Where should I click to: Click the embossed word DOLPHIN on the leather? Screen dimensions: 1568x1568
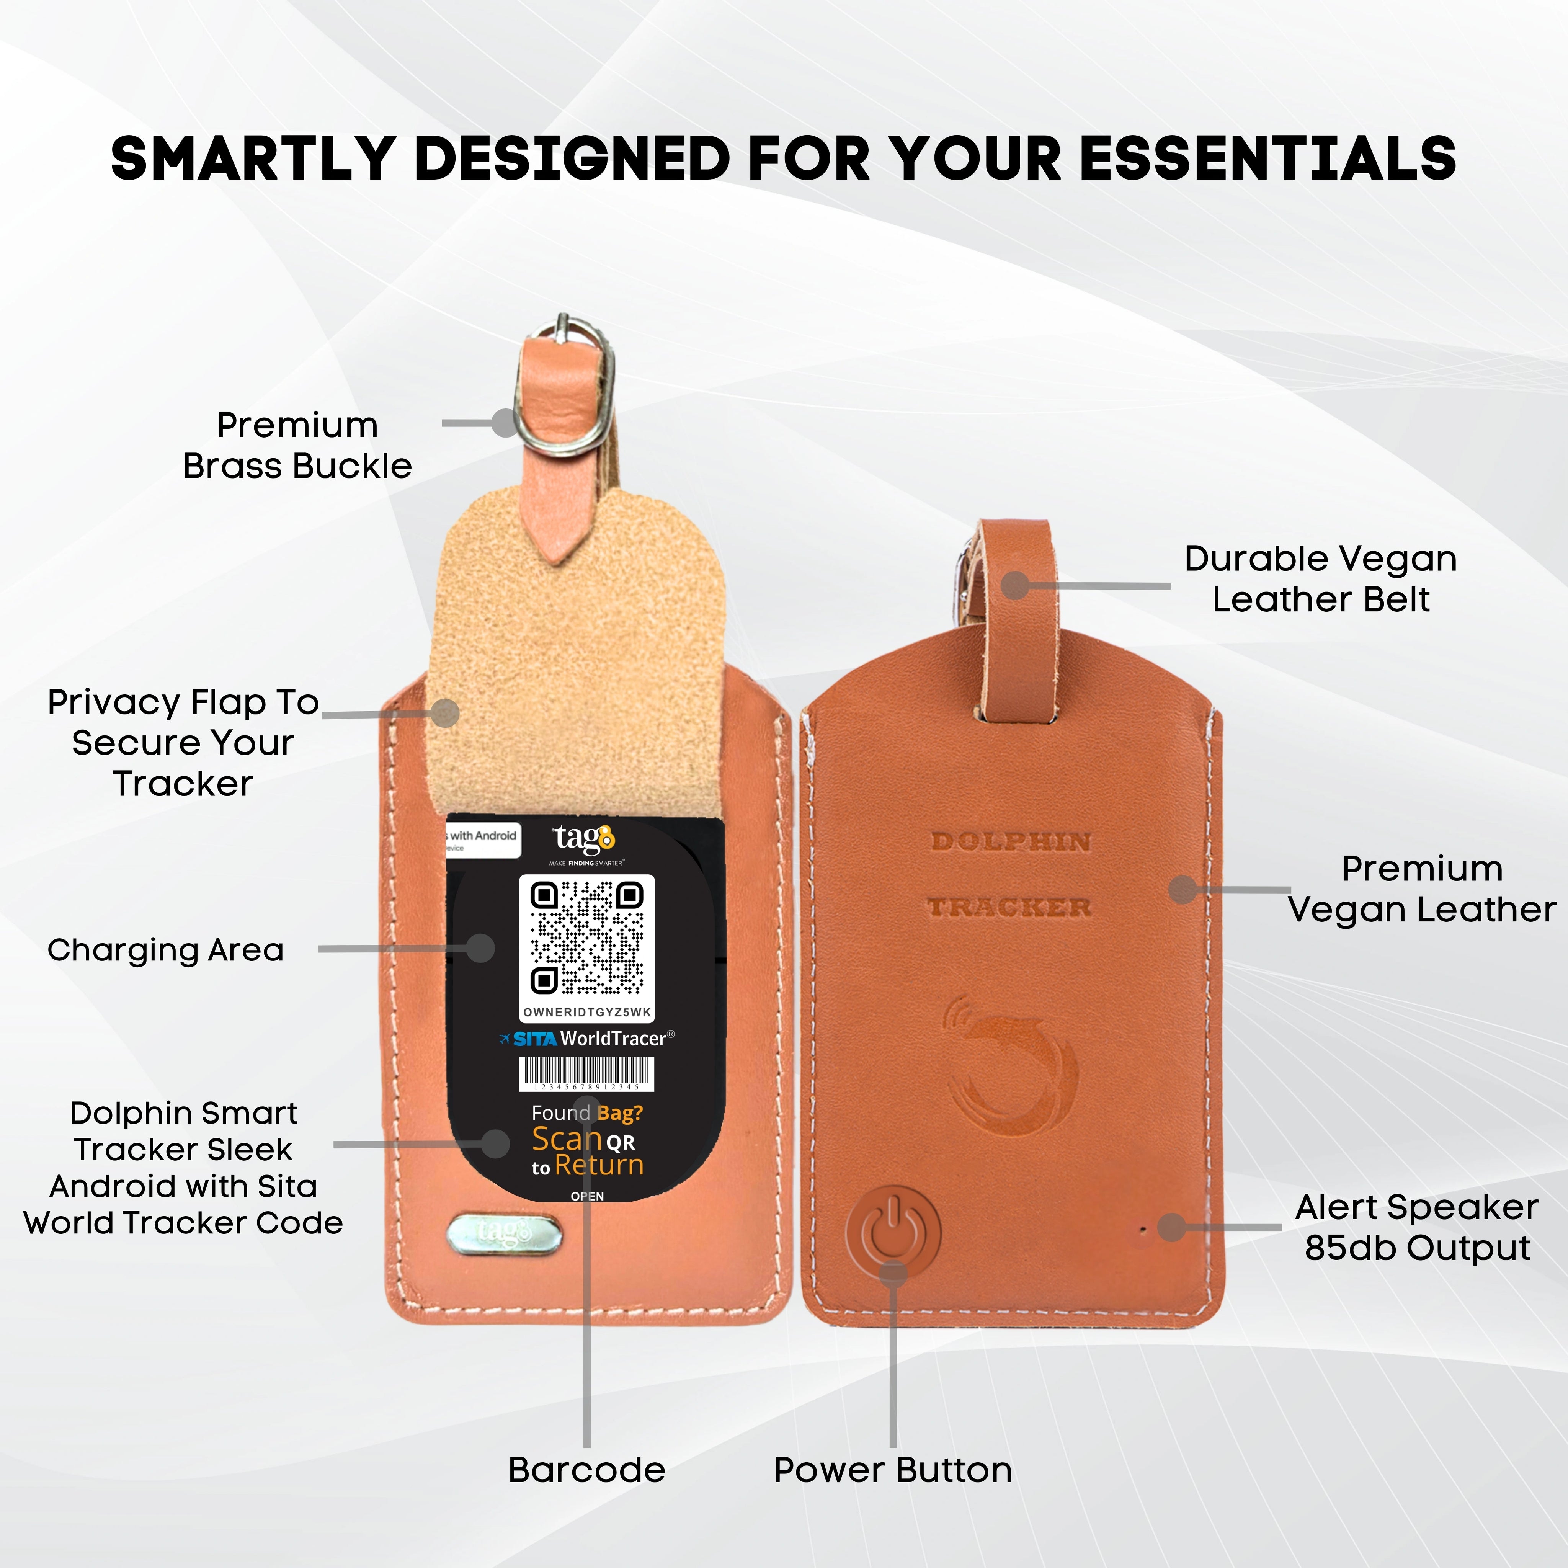(x=1011, y=842)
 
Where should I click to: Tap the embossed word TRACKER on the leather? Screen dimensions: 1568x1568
(x=1011, y=906)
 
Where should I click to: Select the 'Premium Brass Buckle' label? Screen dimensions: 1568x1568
(x=297, y=446)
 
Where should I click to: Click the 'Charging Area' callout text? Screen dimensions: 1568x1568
(x=165, y=949)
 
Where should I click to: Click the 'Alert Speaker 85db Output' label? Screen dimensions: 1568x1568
(x=1416, y=1227)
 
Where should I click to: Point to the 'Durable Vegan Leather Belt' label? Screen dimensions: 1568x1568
(x=1320, y=579)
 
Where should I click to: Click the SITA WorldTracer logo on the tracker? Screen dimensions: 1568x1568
(x=588, y=1038)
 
